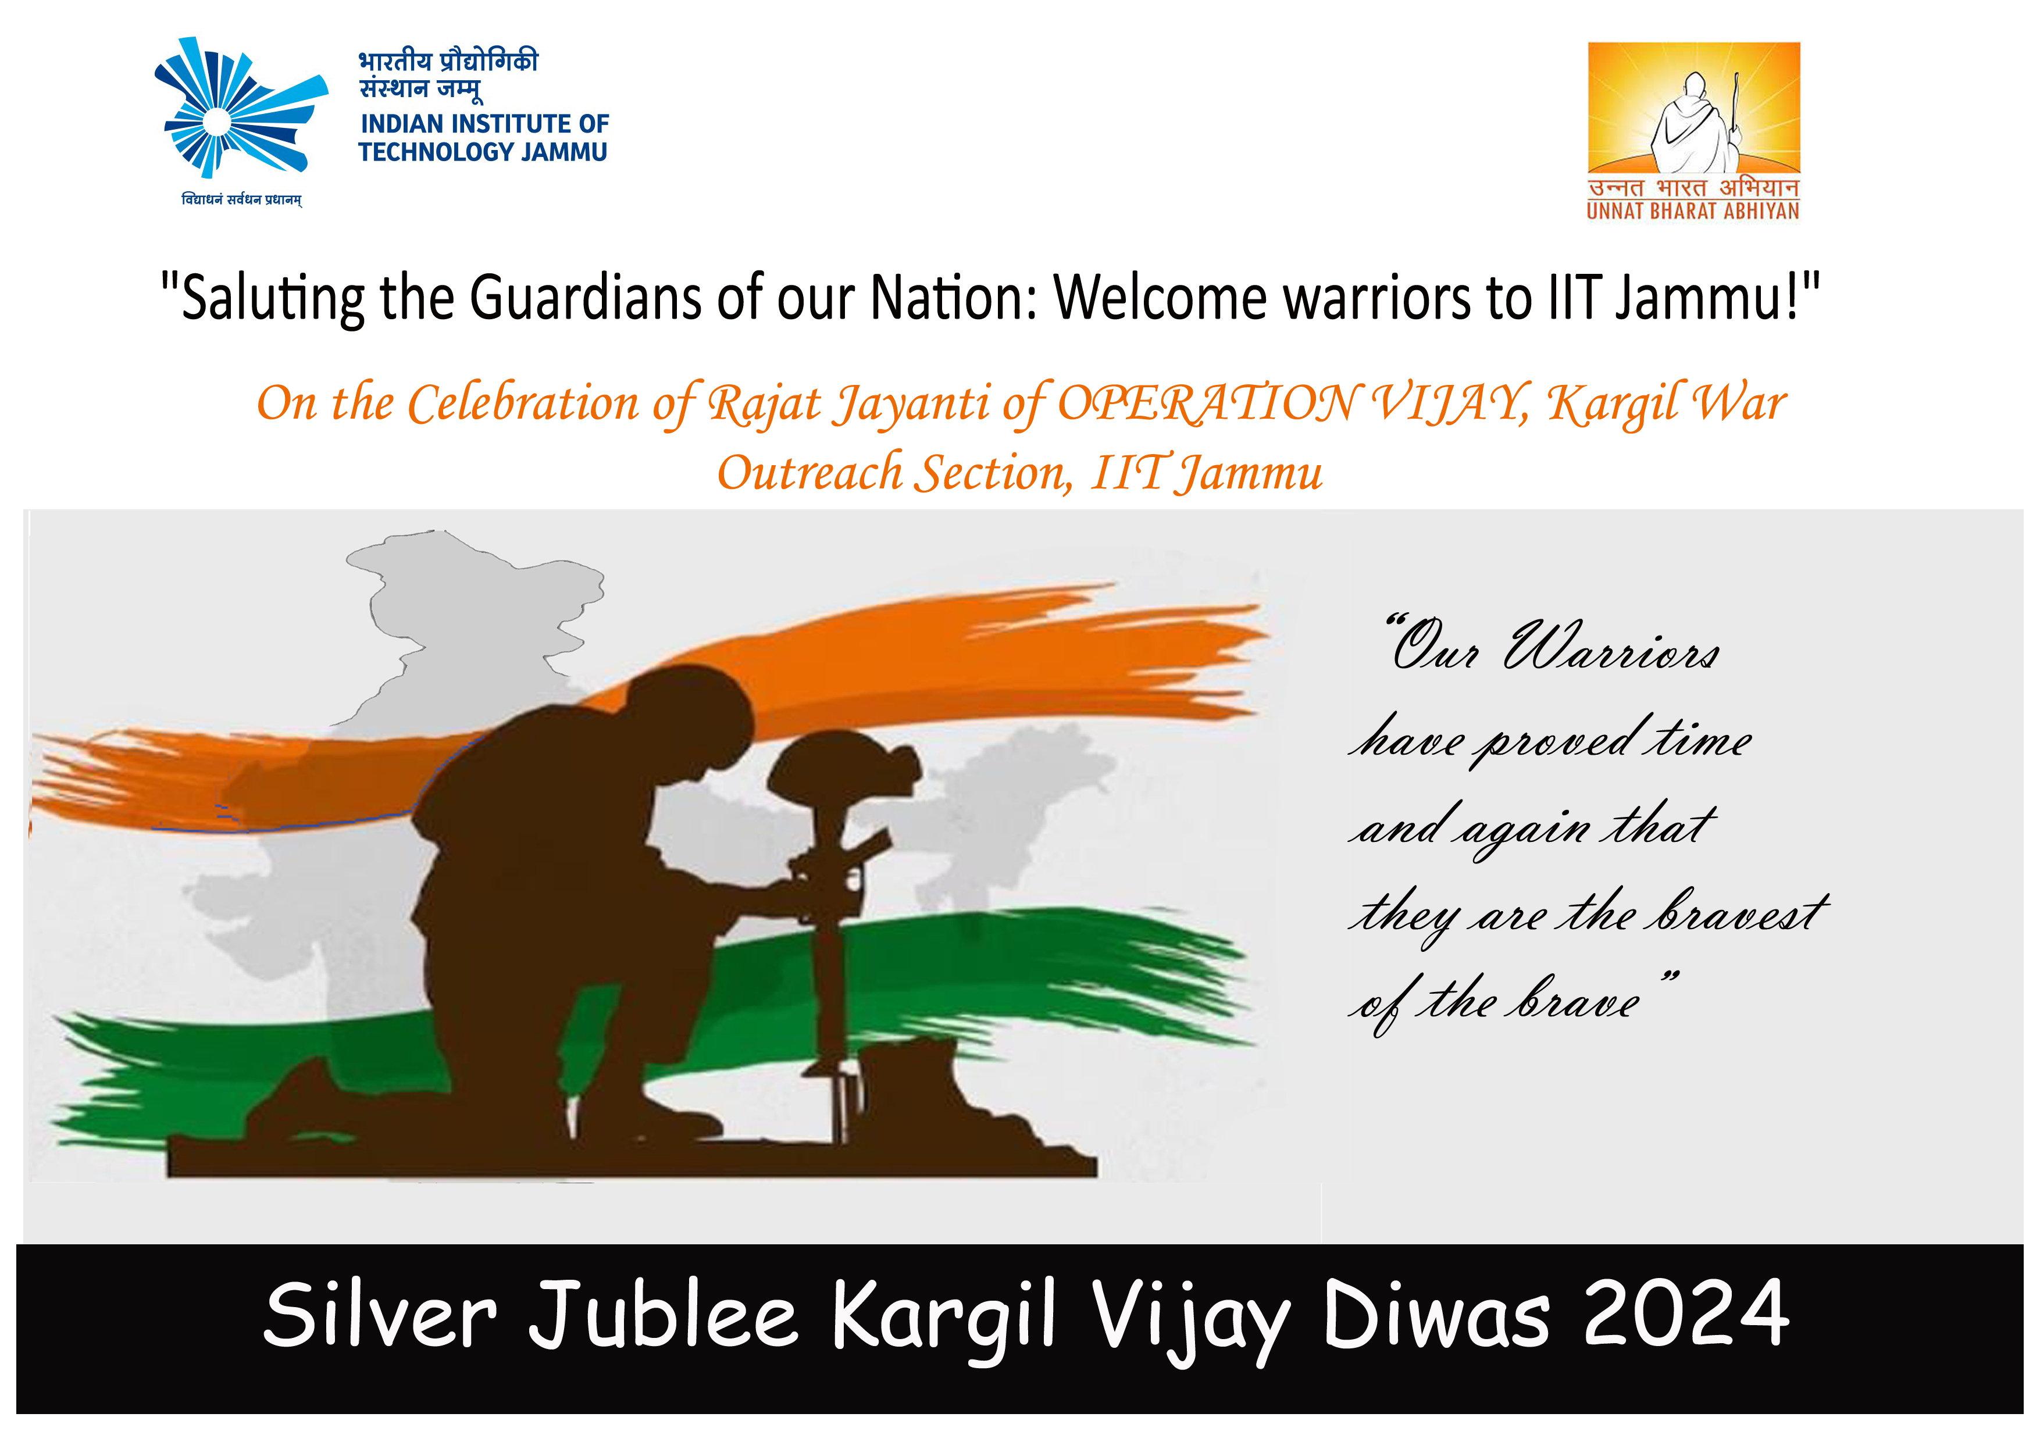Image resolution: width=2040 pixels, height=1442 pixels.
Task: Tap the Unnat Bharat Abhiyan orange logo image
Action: point(1693,108)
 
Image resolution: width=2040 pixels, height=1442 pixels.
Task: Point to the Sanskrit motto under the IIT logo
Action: point(242,200)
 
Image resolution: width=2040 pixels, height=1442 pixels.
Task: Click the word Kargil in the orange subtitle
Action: point(1612,404)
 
